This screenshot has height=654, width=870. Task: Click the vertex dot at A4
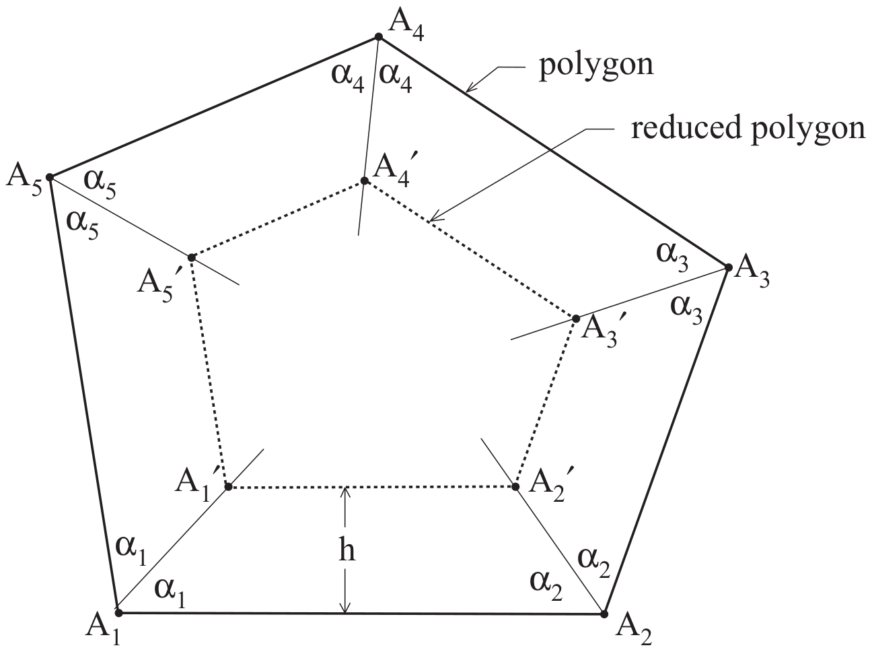tap(379, 37)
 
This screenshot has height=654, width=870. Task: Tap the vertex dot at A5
tap(50, 178)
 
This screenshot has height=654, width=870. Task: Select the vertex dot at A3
tap(728, 268)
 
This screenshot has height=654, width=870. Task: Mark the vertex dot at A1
tap(118, 612)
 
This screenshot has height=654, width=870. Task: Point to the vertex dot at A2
tap(604, 614)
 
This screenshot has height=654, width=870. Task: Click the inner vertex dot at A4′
tap(364, 181)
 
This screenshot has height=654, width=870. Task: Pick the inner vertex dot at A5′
tap(192, 257)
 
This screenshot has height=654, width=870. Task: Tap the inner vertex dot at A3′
tap(576, 318)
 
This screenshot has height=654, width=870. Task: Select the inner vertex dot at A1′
tap(228, 486)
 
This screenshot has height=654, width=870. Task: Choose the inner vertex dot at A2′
tap(516, 486)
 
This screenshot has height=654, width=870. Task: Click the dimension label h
tap(346, 550)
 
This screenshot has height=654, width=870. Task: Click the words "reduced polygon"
tap(747, 127)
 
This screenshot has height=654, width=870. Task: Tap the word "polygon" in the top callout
tap(596, 66)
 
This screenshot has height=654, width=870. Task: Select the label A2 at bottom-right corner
tap(633, 632)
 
